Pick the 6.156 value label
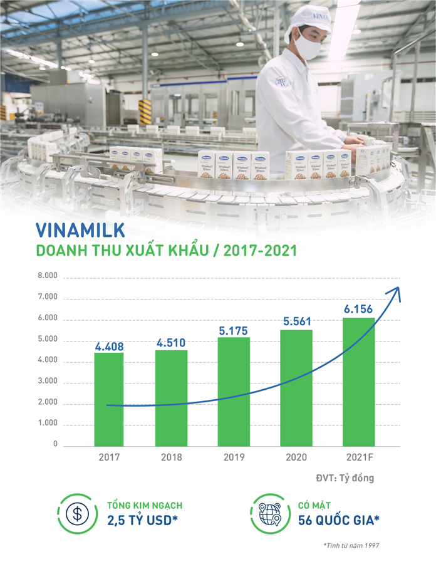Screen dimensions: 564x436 [x=358, y=310]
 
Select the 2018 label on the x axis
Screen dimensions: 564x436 [x=171, y=457]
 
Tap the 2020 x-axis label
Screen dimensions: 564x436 [x=296, y=457]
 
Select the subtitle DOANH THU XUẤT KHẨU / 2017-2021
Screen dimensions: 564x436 [x=166, y=251]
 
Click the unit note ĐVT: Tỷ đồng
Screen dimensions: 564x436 [x=345, y=478]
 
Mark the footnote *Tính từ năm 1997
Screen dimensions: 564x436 [x=351, y=545]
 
